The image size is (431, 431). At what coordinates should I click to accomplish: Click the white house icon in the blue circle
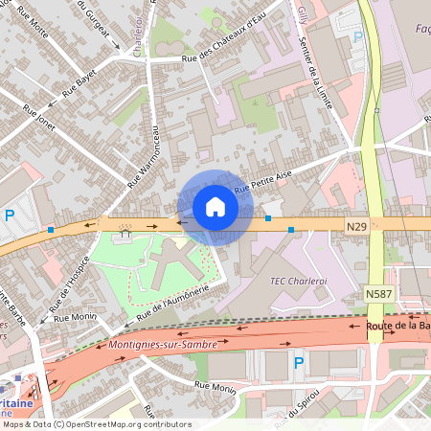[215, 207]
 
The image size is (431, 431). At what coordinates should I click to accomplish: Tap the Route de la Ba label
[397, 326]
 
